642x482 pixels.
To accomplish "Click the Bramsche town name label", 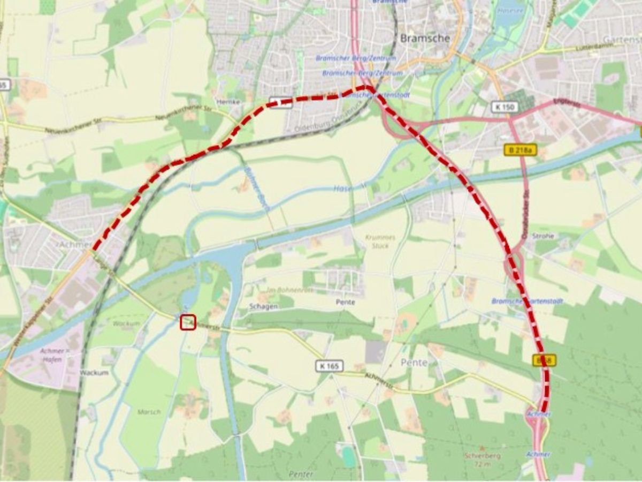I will tap(425, 38).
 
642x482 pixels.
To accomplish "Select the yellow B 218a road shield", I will tap(520, 150).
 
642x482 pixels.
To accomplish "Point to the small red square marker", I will tap(188, 322).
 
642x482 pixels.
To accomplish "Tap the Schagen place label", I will tap(263, 306).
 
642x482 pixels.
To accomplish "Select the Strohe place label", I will tap(543, 236).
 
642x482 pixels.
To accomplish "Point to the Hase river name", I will tap(342, 189).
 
